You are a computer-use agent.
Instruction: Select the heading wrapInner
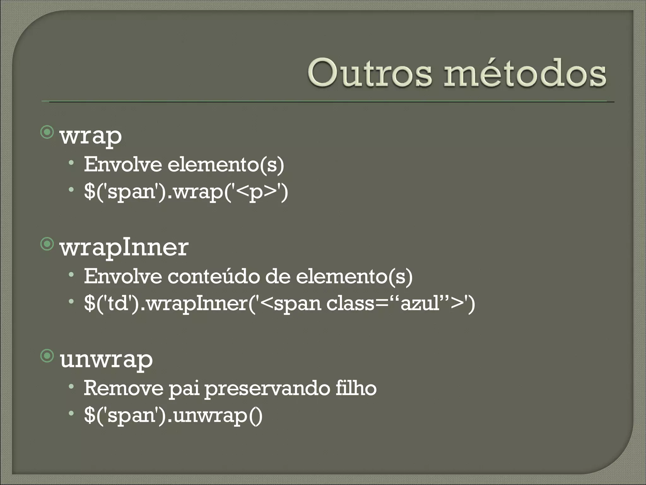click(124, 248)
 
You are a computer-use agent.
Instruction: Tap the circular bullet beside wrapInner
click(47, 244)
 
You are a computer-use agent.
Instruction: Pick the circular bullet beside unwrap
click(47, 356)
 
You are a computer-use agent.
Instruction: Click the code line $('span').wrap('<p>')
click(186, 192)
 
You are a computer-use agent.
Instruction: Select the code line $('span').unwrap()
click(173, 415)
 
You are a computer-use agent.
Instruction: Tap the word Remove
click(123, 388)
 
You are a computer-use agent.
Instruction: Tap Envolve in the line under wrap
click(123, 165)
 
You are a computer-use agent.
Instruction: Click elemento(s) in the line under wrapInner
click(354, 277)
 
